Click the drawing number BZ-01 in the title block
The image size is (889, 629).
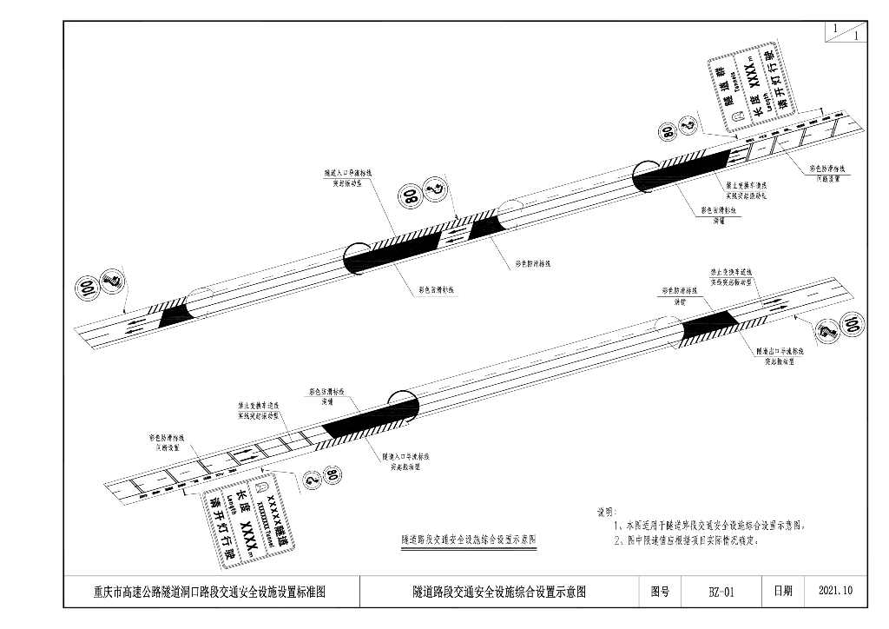pyautogui.click(x=721, y=592)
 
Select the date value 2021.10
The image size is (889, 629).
pyautogui.click(x=836, y=592)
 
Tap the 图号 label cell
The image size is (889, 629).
pyautogui.click(x=660, y=592)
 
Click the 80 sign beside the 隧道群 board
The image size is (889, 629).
pyautogui.click(x=668, y=132)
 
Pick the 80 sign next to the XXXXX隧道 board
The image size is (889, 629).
pyautogui.click(x=330, y=476)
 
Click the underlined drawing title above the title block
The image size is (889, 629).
pyautogui.click(x=468, y=540)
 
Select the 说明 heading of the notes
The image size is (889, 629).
pyautogui.click(x=605, y=513)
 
